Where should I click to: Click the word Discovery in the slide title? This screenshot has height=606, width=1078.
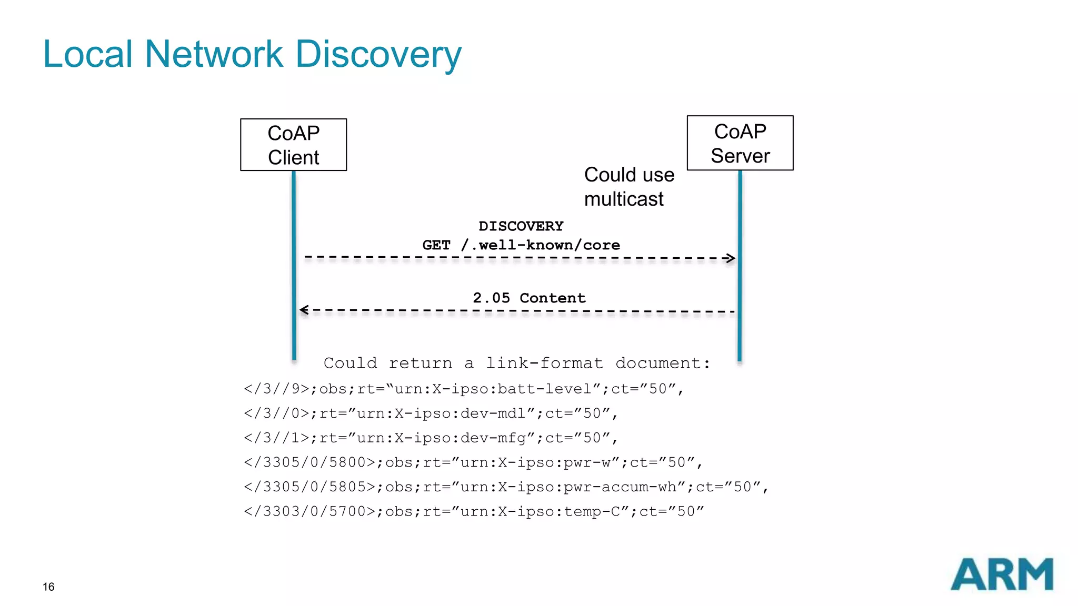[x=378, y=54]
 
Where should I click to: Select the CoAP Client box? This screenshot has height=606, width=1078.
[x=293, y=145]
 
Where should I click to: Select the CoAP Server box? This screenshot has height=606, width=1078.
[x=740, y=143]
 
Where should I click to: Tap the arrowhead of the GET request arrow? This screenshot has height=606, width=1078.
[x=730, y=258]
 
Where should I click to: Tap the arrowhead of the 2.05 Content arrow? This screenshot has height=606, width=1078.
[x=304, y=310]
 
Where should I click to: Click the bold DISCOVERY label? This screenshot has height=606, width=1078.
[x=521, y=226]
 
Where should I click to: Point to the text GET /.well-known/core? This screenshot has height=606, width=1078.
[x=521, y=245]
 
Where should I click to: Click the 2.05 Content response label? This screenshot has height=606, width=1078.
[x=528, y=298]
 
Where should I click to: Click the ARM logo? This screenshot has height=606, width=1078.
[x=1002, y=574]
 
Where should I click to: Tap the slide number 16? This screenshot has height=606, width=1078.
[x=48, y=587]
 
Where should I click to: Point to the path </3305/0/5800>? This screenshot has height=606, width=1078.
[x=310, y=462]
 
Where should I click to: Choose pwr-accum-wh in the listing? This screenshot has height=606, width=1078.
[x=620, y=487]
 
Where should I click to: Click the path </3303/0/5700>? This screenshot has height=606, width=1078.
[x=310, y=511]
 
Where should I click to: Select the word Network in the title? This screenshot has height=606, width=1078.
[x=214, y=54]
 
